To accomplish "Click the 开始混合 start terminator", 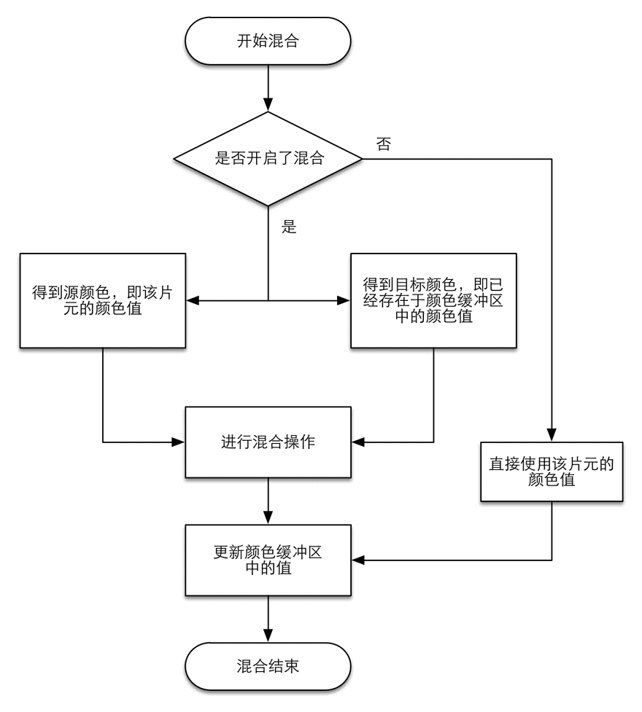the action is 268,41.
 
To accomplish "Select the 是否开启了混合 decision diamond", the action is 268,158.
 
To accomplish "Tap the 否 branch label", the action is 383,144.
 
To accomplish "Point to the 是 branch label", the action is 289,226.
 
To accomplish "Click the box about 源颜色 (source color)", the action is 103,300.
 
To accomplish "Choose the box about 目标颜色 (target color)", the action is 433,300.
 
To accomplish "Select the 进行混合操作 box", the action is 268,442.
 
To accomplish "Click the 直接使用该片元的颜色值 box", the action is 552,472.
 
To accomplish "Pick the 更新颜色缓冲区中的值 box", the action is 268,560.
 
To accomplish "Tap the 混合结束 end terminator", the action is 268,666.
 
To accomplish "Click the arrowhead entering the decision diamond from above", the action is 268,105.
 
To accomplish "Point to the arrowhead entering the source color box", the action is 193,300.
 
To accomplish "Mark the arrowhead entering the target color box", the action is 344,300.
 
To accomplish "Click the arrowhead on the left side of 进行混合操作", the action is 178,442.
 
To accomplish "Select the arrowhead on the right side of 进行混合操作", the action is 357,442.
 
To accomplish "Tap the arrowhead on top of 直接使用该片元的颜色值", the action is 552,435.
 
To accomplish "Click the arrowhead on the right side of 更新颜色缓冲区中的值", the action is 357,560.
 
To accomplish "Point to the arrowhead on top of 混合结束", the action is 268,635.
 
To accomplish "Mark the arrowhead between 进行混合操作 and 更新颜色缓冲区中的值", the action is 268,517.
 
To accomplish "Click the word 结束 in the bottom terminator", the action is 284,666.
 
